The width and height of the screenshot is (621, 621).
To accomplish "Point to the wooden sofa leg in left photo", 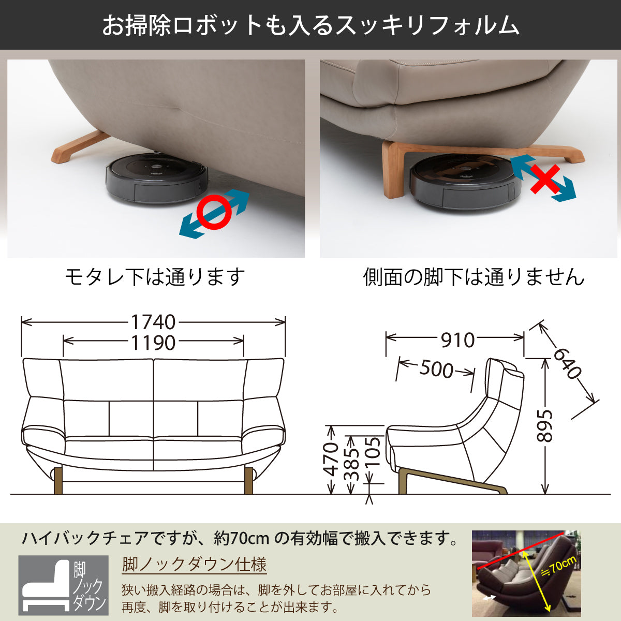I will pyautogui.click(x=78, y=147).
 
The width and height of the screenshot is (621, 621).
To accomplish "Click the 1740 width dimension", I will pyautogui.click(x=153, y=322).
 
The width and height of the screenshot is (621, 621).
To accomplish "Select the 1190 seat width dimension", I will pyautogui.click(x=153, y=343).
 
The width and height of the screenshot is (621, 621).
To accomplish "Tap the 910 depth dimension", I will pyautogui.click(x=457, y=340).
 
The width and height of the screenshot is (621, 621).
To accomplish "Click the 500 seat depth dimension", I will pyautogui.click(x=436, y=369).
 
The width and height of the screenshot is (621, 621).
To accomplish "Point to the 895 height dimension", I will pyautogui.click(x=544, y=426).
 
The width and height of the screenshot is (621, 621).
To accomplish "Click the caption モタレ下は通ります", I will pyautogui.click(x=155, y=277).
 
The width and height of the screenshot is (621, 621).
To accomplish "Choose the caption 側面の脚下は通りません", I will pyautogui.click(x=473, y=277).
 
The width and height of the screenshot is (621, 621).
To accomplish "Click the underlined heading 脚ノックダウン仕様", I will pyautogui.click(x=194, y=564).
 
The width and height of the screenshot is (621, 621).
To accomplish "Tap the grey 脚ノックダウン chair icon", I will pyautogui.click(x=63, y=585).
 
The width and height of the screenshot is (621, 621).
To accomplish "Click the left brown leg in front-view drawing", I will pyautogui.click(x=58, y=480).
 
